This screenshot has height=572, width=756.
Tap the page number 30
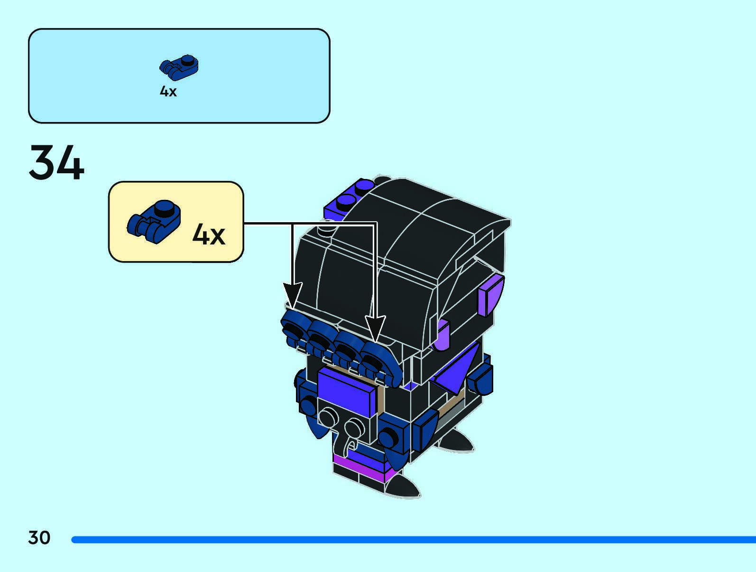tap(39, 538)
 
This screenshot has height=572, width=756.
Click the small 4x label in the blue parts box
tap(168, 91)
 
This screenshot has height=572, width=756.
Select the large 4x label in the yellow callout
tap(209, 234)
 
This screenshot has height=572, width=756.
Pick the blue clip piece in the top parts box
tap(179, 68)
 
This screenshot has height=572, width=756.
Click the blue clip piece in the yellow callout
tap(154, 221)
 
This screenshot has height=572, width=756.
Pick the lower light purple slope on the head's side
tap(442, 335)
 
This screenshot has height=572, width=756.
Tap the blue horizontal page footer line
tap(413, 540)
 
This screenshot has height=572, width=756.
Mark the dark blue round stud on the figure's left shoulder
tap(308, 406)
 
